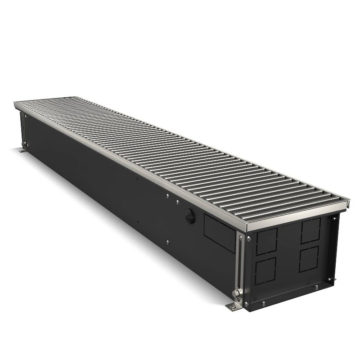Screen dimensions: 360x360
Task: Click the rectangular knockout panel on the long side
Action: click(220, 232)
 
